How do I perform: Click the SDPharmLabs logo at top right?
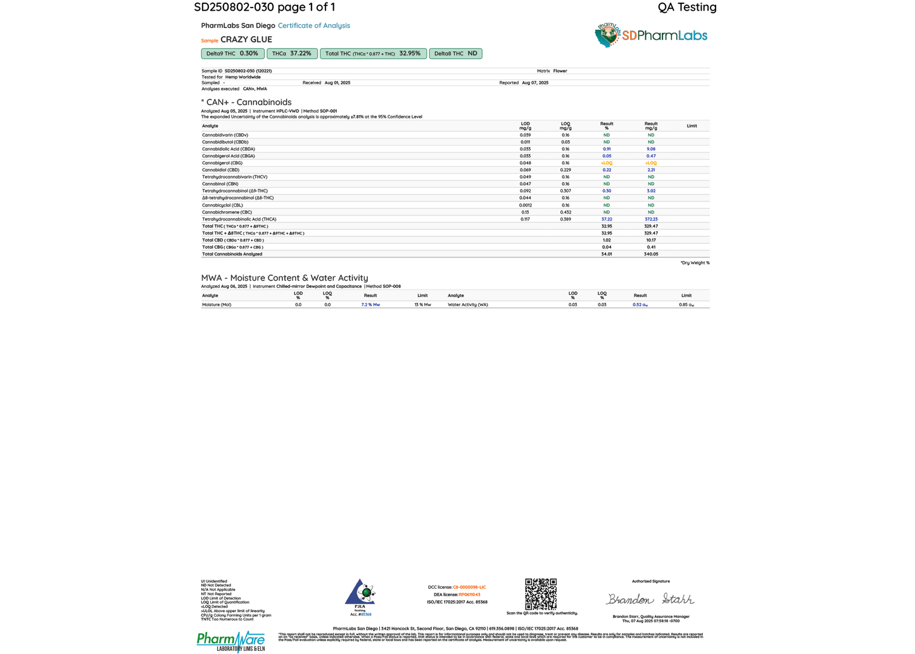coord(652,35)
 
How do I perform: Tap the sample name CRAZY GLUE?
coord(246,39)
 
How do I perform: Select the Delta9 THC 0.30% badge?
coord(232,54)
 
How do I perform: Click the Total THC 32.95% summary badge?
coord(373,54)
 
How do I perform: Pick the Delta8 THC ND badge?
coord(455,54)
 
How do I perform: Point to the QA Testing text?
coord(687,7)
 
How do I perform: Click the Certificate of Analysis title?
coord(313,25)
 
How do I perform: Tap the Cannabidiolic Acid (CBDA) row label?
coord(229,149)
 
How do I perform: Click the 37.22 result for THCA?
coord(607,219)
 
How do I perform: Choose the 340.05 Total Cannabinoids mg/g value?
coord(651,254)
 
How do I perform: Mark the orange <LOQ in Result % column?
coord(607,163)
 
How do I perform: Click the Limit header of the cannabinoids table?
coord(691,126)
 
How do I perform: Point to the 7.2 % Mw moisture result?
coord(370,305)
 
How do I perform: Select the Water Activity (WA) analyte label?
coord(468,305)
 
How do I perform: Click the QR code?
coord(541,594)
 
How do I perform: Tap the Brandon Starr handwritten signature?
coord(650,599)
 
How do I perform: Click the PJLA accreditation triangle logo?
coord(360,594)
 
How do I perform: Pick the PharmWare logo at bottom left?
coord(230,641)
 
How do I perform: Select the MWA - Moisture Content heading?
coord(284,278)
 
